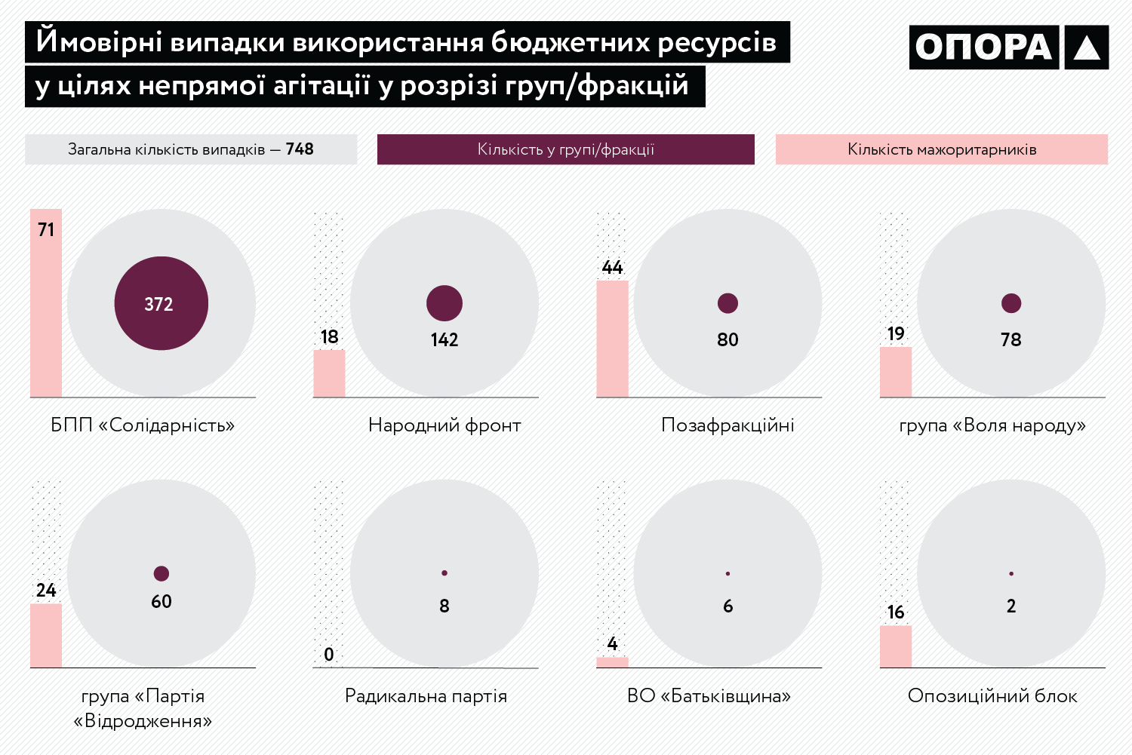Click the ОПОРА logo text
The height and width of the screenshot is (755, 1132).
[x=983, y=48]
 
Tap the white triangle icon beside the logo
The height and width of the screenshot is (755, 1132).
[x=1086, y=48]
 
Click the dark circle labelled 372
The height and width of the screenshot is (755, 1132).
[x=161, y=303]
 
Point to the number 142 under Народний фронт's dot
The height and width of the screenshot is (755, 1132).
[x=444, y=340]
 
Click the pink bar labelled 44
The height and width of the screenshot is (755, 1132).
[x=612, y=339]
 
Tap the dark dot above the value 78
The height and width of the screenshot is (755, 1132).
[x=1011, y=303]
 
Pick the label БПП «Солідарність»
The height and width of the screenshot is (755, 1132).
[x=143, y=425]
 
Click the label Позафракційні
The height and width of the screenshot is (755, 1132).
[x=727, y=425]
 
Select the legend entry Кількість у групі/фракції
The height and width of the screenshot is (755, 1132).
[x=565, y=149]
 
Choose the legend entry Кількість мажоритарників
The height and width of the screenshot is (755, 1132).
[x=941, y=149]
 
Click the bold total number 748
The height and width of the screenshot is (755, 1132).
[x=300, y=149]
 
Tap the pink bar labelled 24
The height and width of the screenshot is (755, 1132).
[x=46, y=635]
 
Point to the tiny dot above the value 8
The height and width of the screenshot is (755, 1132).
[x=444, y=573]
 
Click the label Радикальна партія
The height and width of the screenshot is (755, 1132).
[x=426, y=695]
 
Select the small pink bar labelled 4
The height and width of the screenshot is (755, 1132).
[x=612, y=662]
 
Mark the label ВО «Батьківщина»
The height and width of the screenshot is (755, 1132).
[x=709, y=695]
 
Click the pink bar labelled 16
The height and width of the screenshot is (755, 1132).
[x=896, y=646]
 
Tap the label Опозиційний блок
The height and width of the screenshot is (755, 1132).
[x=992, y=695]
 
